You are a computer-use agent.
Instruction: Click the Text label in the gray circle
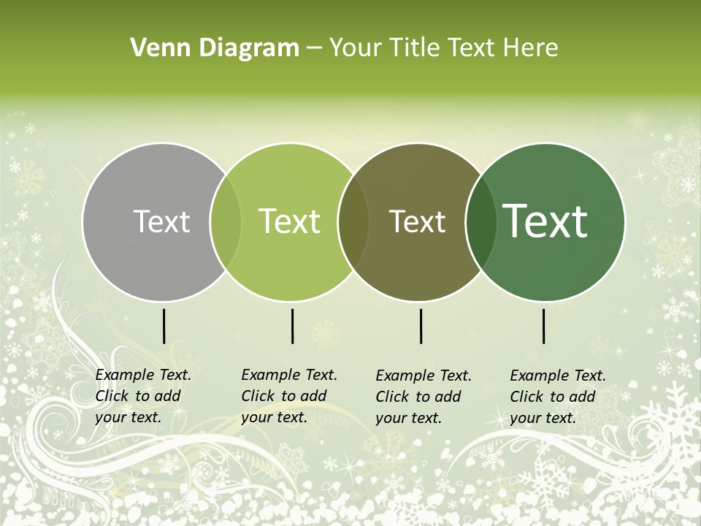(x=161, y=221)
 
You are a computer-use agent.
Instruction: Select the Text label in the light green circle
(x=290, y=221)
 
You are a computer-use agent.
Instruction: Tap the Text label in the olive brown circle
(x=418, y=221)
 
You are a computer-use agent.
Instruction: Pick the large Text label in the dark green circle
(x=545, y=221)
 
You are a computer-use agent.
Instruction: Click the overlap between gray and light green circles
(x=226, y=222)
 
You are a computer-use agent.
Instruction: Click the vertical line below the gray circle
(x=164, y=326)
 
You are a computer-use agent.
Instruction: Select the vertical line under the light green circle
(x=292, y=326)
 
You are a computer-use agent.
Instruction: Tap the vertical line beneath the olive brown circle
(x=421, y=326)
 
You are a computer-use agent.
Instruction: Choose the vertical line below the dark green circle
(x=544, y=326)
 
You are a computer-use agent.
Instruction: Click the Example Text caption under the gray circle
(x=142, y=396)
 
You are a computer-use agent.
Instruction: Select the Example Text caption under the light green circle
(x=288, y=396)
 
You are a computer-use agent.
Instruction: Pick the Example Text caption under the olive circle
(x=423, y=397)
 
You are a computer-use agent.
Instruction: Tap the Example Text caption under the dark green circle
(x=557, y=397)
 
